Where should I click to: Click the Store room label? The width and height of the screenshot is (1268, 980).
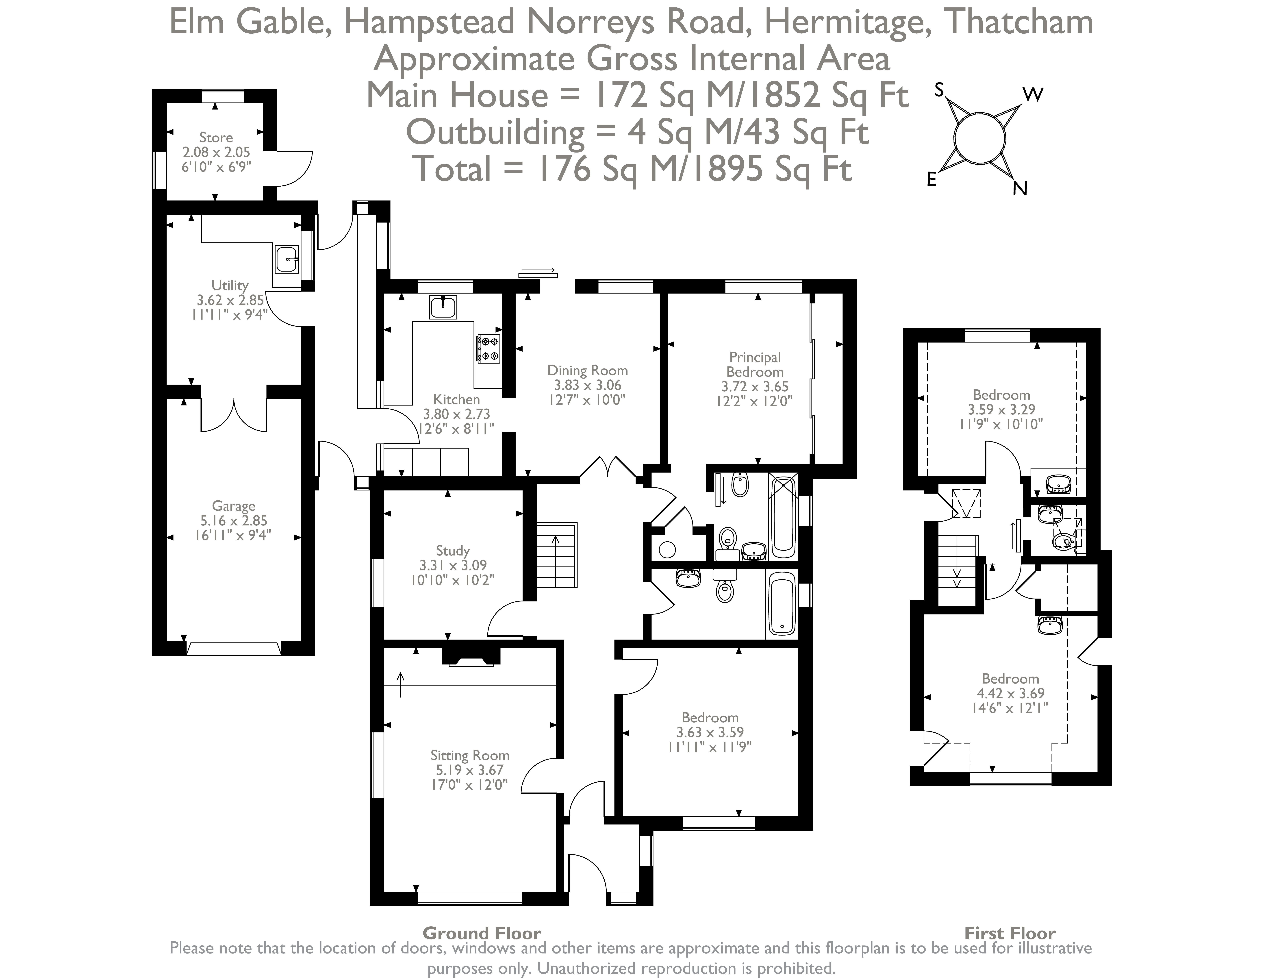(x=216, y=138)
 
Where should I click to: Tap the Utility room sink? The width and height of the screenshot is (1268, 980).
(x=287, y=259)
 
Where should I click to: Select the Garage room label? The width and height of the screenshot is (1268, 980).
(x=233, y=506)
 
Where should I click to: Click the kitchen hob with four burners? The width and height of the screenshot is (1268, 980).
(x=488, y=348)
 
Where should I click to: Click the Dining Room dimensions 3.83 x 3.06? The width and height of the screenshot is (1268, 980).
(x=587, y=385)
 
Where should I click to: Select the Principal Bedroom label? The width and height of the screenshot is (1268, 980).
(x=755, y=365)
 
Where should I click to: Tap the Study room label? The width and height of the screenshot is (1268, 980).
(x=452, y=550)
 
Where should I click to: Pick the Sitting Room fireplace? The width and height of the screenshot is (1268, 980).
(x=471, y=656)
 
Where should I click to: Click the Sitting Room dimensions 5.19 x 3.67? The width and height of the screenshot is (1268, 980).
(x=470, y=770)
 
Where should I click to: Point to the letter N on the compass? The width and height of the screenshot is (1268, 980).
(x=1020, y=189)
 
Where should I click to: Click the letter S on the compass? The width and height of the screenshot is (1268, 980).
(x=939, y=90)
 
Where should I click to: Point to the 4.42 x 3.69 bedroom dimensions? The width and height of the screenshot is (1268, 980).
(x=1010, y=693)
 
